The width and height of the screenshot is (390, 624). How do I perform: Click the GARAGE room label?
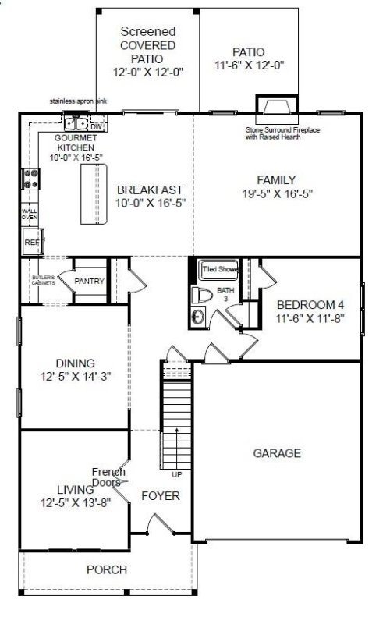pos(277,453)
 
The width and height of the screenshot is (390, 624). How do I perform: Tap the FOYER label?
pos(161,496)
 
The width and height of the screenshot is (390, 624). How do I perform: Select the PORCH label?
pos(107,570)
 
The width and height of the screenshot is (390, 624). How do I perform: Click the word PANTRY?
pos(89,281)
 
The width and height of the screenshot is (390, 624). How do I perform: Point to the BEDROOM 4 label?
pos(310,304)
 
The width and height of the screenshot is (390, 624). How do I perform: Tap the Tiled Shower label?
pos(220,269)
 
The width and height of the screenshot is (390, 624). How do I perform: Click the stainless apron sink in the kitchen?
pos(76,123)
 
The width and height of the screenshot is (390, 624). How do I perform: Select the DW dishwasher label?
pos(97,126)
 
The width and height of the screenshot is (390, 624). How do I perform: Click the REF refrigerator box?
pos(31,243)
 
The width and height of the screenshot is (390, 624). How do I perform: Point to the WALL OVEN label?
pos(29,214)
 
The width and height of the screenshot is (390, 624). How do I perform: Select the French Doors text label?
pos(107,477)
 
